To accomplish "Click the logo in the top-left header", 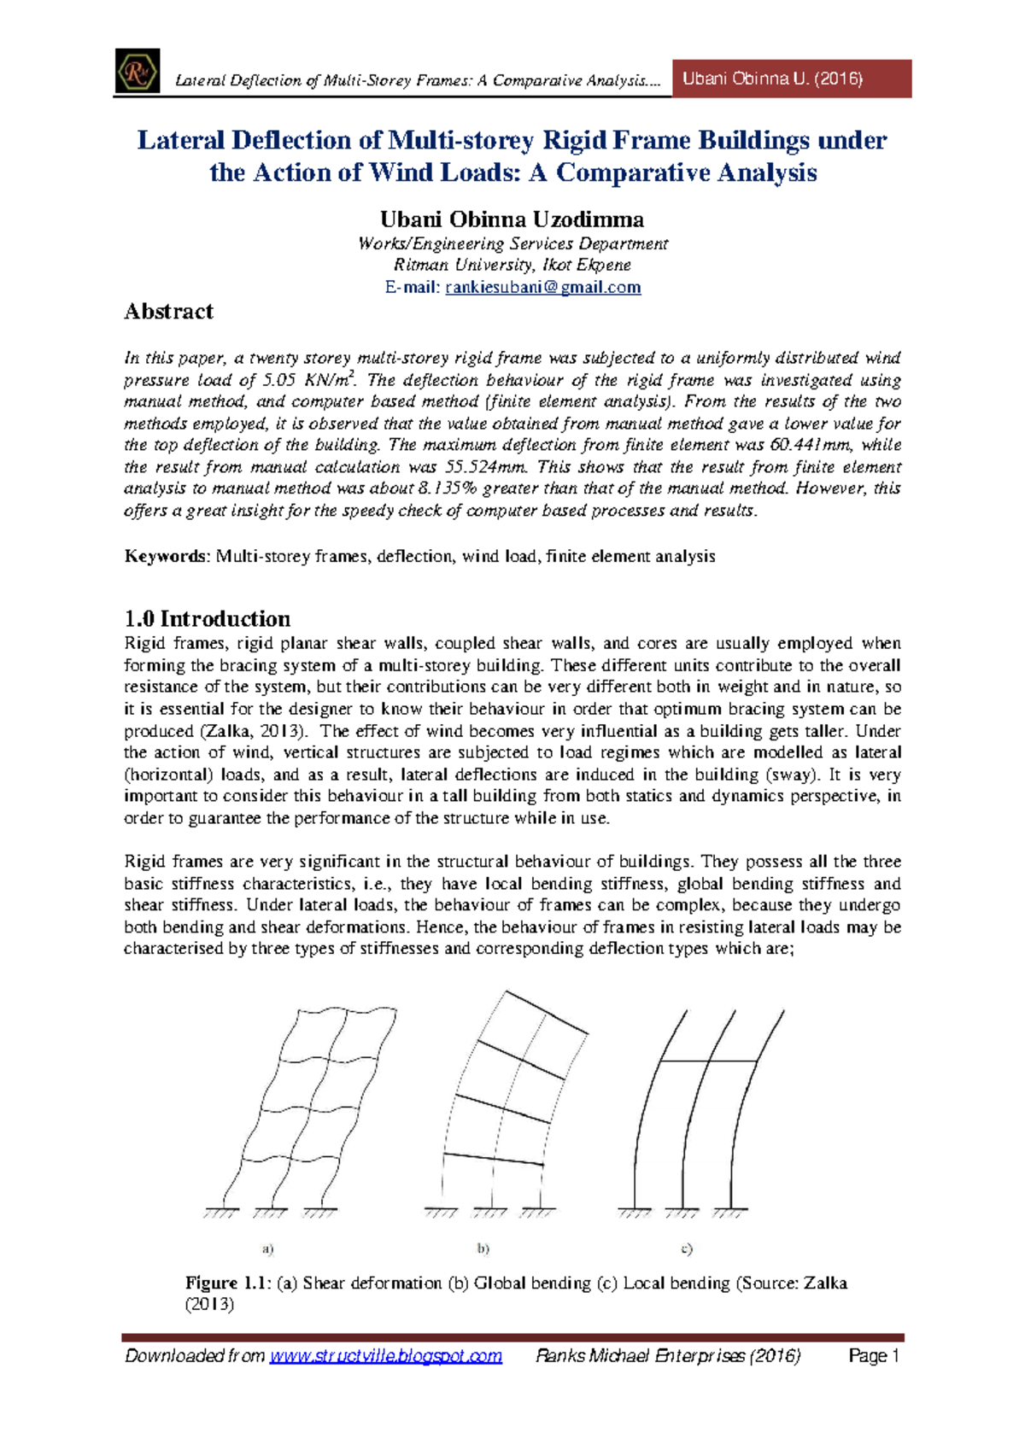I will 138,71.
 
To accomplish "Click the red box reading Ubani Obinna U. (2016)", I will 792,79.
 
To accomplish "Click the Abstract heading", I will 168,312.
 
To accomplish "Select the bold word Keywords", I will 166,557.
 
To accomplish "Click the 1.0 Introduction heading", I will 207,619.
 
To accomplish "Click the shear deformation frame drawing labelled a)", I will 299,1110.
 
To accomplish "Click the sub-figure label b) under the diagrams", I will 483,1249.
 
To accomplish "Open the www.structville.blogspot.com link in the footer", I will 385,1356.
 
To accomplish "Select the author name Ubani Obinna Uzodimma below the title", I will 512,219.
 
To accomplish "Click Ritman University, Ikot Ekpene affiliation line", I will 512,265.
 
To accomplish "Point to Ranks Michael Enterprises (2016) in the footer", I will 667,1356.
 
